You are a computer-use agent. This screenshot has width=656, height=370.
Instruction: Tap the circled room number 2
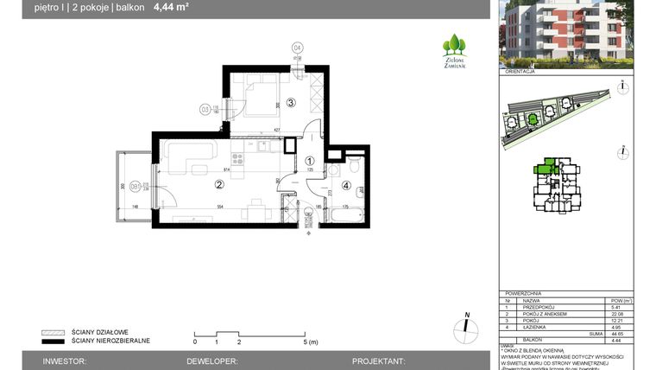[x=219, y=183]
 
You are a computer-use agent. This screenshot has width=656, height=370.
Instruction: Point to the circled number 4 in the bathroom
[x=346, y=184]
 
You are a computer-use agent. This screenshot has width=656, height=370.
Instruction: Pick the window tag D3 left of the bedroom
[x=205, y=109]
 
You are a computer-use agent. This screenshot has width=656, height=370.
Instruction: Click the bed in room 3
[x=258, y=95]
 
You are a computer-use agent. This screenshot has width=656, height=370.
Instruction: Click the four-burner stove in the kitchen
[x=259, y=147]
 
